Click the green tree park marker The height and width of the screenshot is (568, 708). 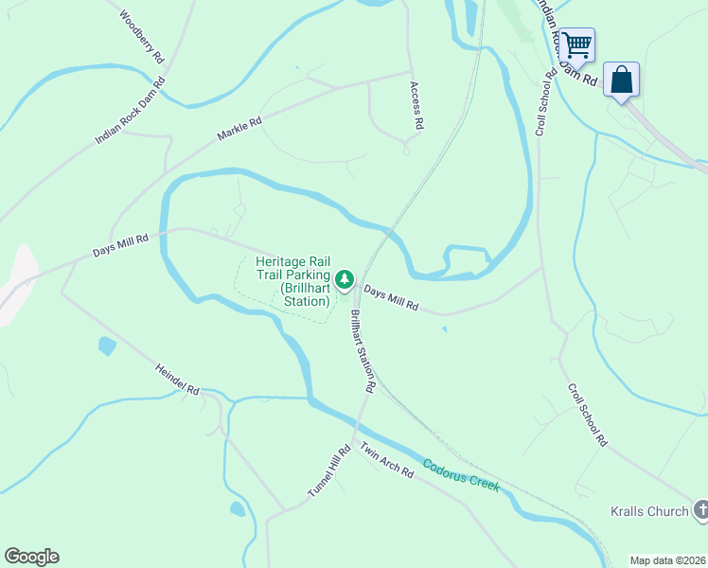tap(345, 279)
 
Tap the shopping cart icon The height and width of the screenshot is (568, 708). tap(575, 44)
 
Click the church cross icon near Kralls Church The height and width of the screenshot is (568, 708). tap(700, 510)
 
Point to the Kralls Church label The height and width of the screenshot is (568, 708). tap(649, 512)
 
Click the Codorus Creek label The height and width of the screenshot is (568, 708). tap(460, 474)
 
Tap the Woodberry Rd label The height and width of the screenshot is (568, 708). tap(143, 37)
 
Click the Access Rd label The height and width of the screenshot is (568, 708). tap(416, 105)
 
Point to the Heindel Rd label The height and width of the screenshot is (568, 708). tap(177, 376)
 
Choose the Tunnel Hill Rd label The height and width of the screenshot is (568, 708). tap(328, 472)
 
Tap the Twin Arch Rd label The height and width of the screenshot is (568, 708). tap(386, 458)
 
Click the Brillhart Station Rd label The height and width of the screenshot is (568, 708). tap(363, 351)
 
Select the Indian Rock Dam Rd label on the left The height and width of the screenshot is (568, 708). tap(130, 110)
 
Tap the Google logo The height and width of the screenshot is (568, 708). tap(31, 557)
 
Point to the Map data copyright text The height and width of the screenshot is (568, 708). tap(667, 560)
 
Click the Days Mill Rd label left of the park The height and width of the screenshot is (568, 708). tap(120, 246)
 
